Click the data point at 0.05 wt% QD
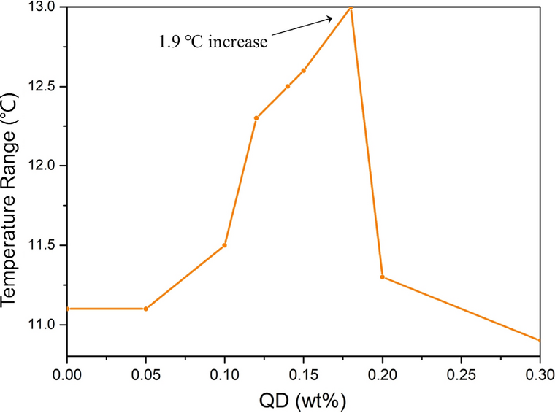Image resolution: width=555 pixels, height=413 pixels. pyautogui.click(x=146, y=309)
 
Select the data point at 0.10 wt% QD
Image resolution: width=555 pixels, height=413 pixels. pyautogui.click(x=224, y=245)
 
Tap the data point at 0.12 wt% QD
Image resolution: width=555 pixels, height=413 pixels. pyautogui.click(x=256, y=118)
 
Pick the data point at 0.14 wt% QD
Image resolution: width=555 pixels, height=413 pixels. pyautogui.click(x=288, y=86)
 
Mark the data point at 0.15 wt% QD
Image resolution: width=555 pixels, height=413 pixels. pyautogui.click(x=304, y=71)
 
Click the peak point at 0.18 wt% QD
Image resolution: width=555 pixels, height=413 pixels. pyautogui.click(x=351, y=7)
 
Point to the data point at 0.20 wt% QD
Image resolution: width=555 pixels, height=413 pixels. pyautogui.click(x=383, y=277)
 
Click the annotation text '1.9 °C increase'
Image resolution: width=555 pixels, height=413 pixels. pyautogui.click(x=213, y=42)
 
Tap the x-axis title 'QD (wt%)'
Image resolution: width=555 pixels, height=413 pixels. pyautogui.click(x=303, y=400)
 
